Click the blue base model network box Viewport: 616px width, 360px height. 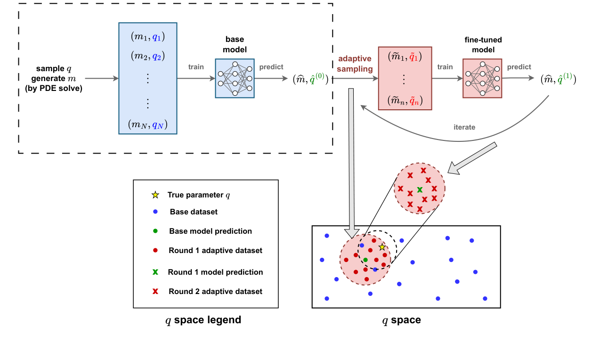coord(235,78)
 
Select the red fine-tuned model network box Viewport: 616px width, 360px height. coord(482,78)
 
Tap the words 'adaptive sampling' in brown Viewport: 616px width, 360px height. coord(354,63)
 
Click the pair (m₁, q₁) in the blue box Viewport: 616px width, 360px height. coord(147,37)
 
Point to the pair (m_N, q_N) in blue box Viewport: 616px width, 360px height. coord(147,125)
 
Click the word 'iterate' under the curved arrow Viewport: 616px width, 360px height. coord(464,127)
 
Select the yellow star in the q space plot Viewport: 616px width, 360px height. coord(382,247)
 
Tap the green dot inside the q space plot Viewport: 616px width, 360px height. coord(365,260)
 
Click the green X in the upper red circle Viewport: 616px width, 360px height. coord(420,189)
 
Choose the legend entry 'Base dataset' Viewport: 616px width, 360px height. coord(194,212)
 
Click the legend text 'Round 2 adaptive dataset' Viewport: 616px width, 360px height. coord(215,292)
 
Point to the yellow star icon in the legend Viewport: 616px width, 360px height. coord(155,195)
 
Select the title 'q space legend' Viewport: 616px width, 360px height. coord(203,320)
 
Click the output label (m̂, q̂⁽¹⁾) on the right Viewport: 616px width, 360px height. coord(559,79)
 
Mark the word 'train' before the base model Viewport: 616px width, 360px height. coord(196,67)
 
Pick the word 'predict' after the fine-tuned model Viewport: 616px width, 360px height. coord(519,67)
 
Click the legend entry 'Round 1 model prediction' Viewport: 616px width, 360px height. coord(215,272)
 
